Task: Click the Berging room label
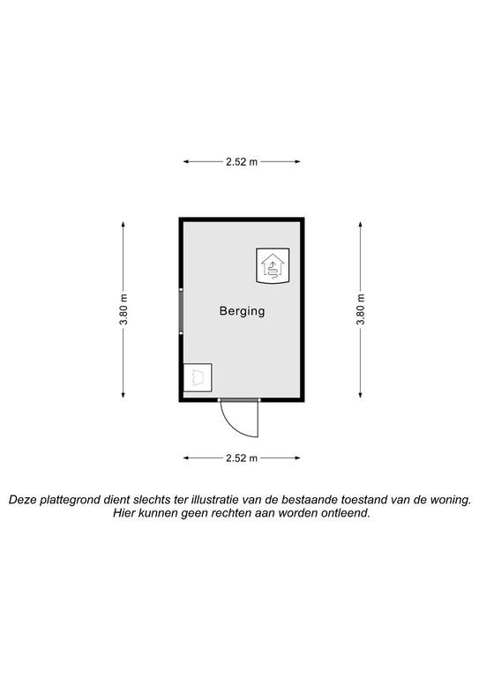click(x=242, y=311)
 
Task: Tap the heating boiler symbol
click(x=273, y=265)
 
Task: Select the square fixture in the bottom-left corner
click(x=198, y=378)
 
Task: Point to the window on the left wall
click(x=181, y=311)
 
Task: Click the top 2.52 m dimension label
click(x=242, y=162)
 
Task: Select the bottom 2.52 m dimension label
click(x=242, y=458)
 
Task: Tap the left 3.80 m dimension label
click(x=123, y=309)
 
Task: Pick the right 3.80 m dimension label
click(x=360, y=309)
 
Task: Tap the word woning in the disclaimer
click(x=453, y=501)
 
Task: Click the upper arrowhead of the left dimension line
click(x=123, y=224)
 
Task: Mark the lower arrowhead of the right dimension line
click(x=360, y=395)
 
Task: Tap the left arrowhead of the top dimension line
click(x=186, y=162)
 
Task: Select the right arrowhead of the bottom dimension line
click(x=297, y=458)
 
